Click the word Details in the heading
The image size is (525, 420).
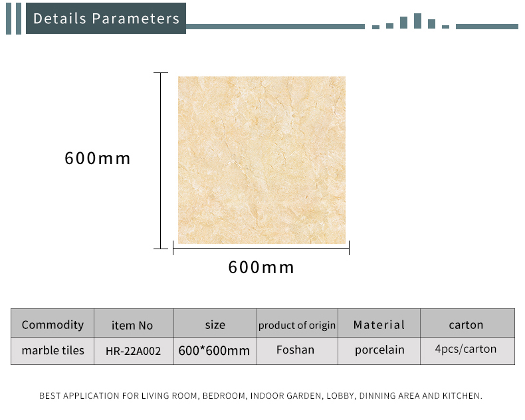click(x=60, y=19)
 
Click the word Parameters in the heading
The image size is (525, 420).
click(x=136, y=19)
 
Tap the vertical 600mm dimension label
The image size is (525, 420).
click(x=98, y=158)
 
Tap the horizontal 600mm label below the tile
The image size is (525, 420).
click(x=261, y=267)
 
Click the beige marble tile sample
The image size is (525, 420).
click(x=261, y=160)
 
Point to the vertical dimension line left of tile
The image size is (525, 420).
click(x=161, y=161)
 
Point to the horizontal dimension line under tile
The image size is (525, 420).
click(x=261, y=248)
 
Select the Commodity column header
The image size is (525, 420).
click(x=52, y=324)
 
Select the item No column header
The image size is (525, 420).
click(x=132, y=325)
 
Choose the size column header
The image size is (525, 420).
click(x=215, y=325)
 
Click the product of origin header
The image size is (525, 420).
click(x=297, y=325)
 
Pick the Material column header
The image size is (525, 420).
click(x=379, y=324)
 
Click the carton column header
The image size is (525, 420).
click(x=466, y=325)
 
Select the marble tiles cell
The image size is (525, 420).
click(x=53, y=350)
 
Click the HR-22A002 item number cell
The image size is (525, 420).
click(x=134, y=351)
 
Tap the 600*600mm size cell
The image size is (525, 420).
click(x=214, y=351)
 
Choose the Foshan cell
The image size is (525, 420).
click(x=295, y=350)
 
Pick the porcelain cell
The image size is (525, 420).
click(x=379, y=350)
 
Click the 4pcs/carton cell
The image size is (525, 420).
click(x=466, y=349)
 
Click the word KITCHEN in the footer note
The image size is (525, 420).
click(x=463, y=396)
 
